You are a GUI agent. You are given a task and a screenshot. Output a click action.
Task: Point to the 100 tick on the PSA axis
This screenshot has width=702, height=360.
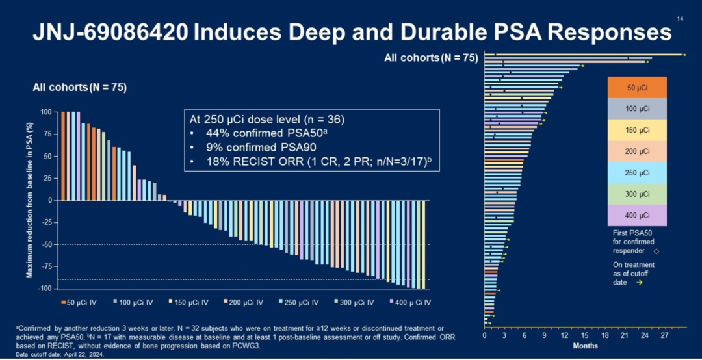(x=46, y=112)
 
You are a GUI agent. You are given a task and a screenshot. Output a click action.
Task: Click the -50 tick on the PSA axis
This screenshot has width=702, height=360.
(x=47, y=244)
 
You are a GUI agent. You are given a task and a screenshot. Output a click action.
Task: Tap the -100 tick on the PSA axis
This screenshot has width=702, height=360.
(x=45, y=289)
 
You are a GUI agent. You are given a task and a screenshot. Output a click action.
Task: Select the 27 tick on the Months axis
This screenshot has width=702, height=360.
(x=664, y=335)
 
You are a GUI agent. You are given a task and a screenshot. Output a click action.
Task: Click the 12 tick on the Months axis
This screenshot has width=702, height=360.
(x=564, y=335)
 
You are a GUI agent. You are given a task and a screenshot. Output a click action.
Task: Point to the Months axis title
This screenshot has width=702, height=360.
(x=585, y=346)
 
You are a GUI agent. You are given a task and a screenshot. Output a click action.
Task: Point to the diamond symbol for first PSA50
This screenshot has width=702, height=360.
(x=656, y=251)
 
